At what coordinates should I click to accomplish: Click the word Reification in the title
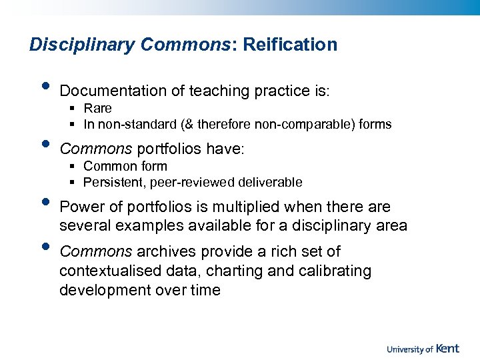(290, 45)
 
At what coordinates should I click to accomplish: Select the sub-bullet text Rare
(97, 108)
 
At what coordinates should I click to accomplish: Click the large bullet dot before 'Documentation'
(45, 86)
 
